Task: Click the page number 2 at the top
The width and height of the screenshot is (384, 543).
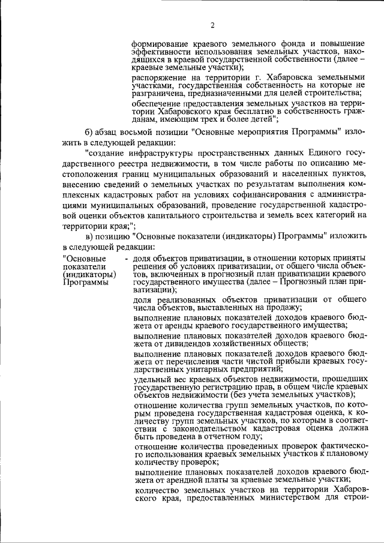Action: tap(212, 25)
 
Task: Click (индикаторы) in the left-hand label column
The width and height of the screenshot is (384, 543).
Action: tap(84, 274)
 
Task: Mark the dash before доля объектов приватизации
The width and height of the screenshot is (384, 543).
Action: tap(126, 258)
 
